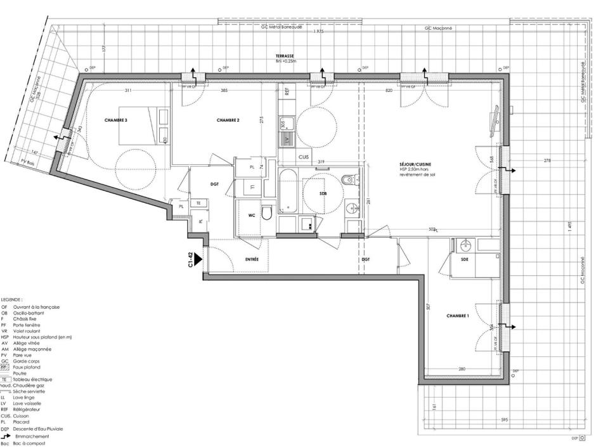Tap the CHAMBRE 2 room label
click(x=228, y=120)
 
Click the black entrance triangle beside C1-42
click(x=198, y=259)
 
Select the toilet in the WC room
click(x=267, y=212)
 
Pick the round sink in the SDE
click(x=465, y=245)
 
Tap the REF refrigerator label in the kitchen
click(x=287, y=91)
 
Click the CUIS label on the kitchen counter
click(x=287, y=156)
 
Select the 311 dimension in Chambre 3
click(x=128, y=91)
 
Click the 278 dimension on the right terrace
click(x=547, y=160)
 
